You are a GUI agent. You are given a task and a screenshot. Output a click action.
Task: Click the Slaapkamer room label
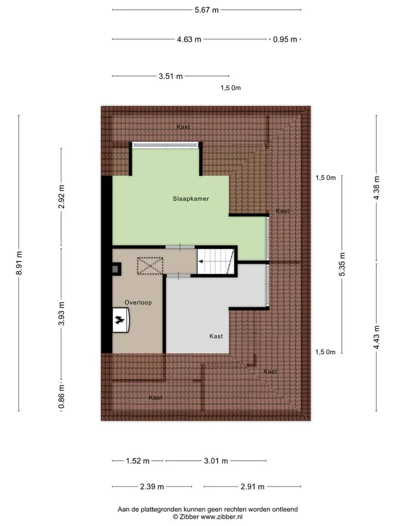coord(191,198)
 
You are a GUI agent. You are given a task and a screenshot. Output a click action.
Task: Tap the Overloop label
coord(138,302)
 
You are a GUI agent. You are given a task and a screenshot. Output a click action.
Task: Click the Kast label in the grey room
coord(216,336)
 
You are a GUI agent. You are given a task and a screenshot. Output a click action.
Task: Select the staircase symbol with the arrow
coord(215,261)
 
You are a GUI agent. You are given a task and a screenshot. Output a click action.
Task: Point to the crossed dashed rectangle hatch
coord(150,266)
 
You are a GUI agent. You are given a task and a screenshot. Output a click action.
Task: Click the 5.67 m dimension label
coord(207,10)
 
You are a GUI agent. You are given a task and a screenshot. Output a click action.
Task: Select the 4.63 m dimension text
coord(189,39)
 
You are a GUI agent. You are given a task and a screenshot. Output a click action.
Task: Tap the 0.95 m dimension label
coord(285,39)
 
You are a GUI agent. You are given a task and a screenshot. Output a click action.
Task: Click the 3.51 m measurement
coord(171,77)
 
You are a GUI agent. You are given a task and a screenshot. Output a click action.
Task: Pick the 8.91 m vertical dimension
coord(19,263)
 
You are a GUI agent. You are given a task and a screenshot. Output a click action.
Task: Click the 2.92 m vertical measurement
coord(61,197)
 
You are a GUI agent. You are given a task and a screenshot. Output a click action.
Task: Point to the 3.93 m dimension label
coord(61,313)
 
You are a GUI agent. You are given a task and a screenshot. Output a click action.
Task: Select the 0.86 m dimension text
coord(61,397)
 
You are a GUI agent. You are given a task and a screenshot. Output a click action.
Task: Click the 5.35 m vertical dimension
coord(342,264)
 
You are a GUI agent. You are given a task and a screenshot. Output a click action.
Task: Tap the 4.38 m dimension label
coord(376,188)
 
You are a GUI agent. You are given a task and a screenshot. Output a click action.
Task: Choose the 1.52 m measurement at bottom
coord(138,461)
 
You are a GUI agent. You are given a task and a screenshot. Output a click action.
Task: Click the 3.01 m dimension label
coord(216,461)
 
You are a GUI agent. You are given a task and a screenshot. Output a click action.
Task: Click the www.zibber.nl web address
coord(221,517)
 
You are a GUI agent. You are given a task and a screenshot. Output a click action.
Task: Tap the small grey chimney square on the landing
coord(116,268)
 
